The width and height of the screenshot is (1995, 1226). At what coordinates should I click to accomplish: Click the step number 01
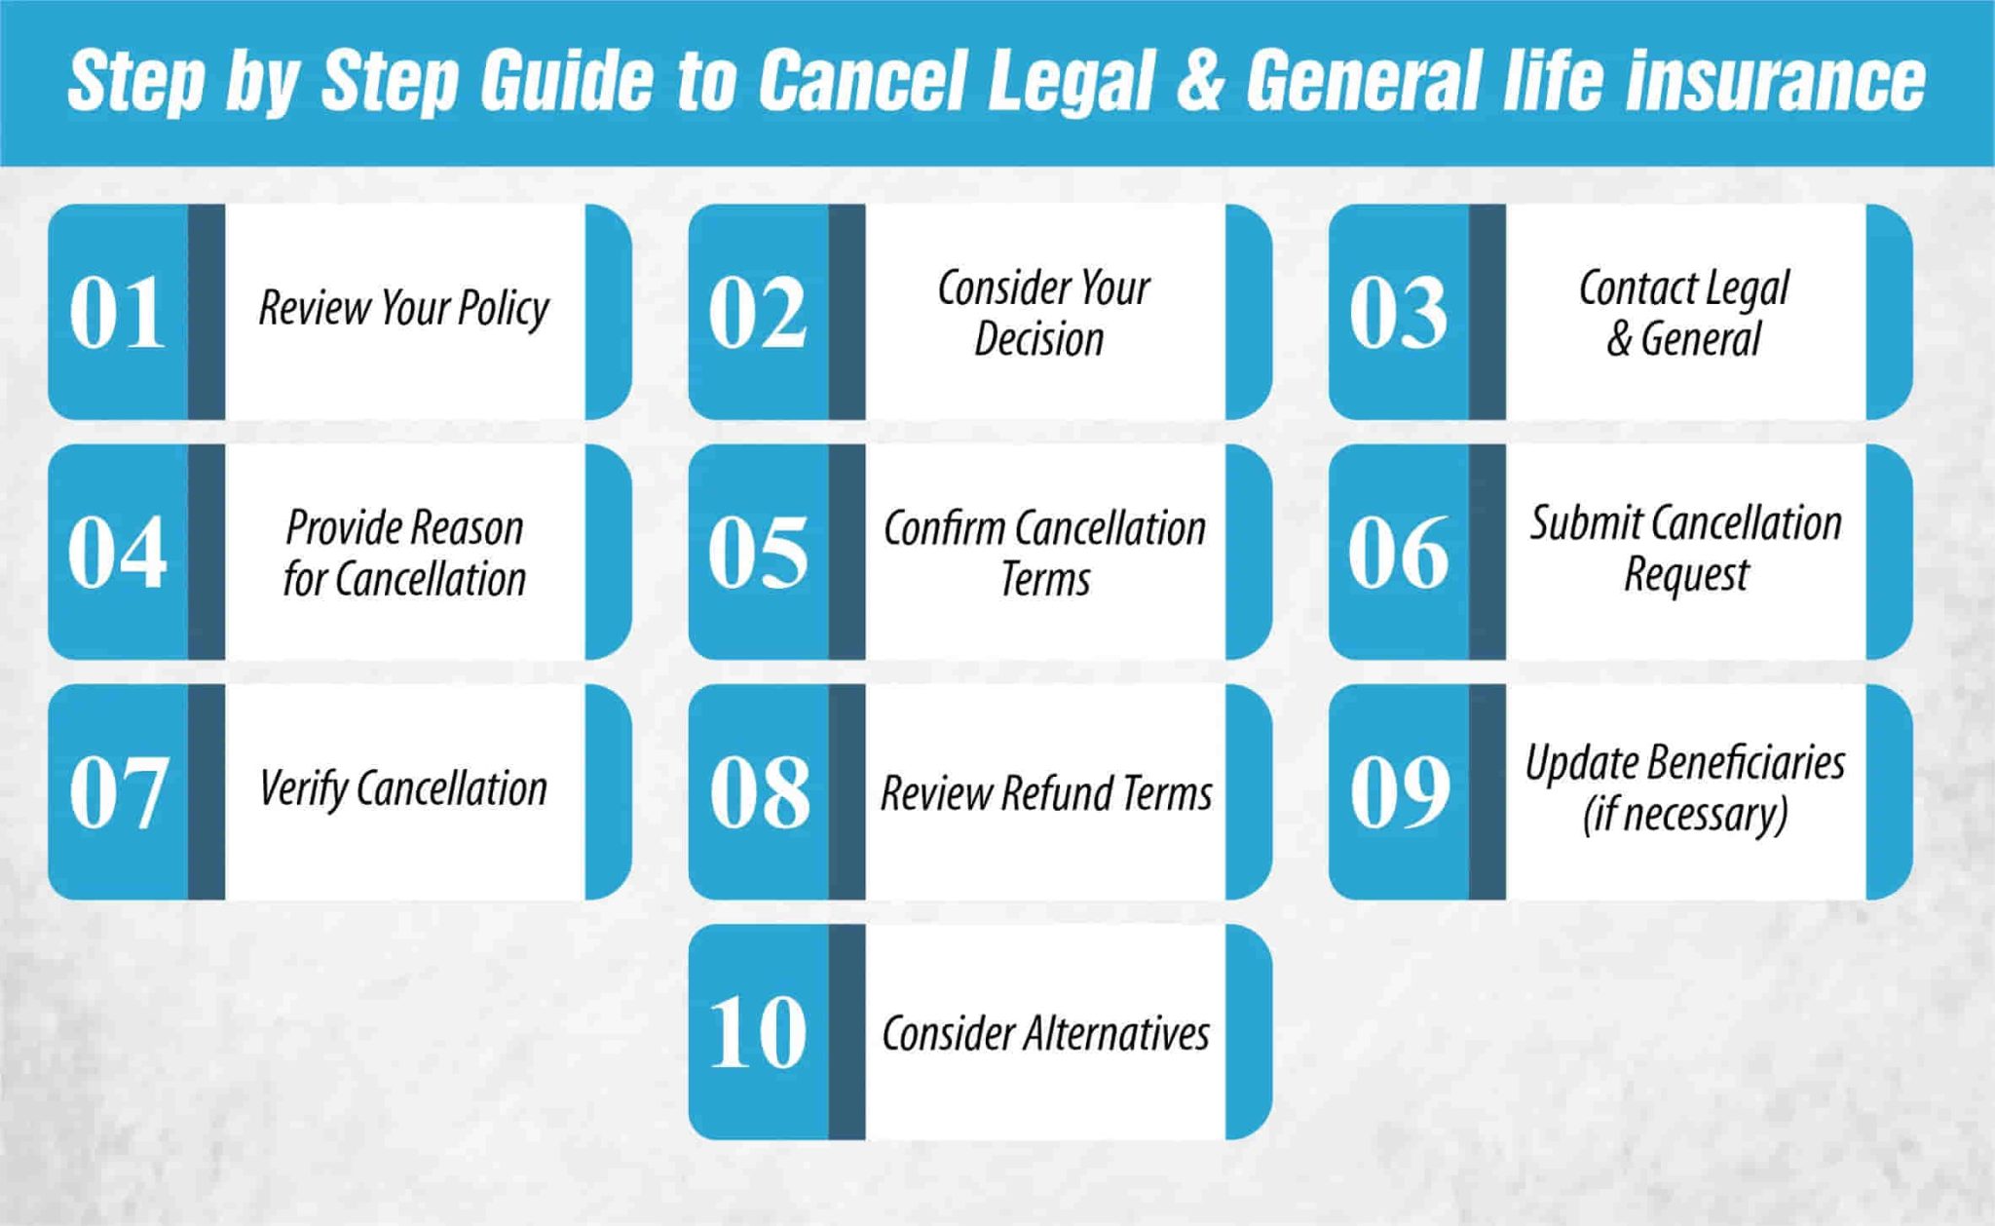pyautogui.click(x=117, y=312)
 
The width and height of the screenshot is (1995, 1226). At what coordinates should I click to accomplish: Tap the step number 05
pyautogui.click(x=758, y=553)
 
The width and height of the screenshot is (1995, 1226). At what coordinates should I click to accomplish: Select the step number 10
pyautogui.click(x=758, y=1032)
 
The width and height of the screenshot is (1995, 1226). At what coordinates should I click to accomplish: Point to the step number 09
pyautogui.click(x=1399, y=792)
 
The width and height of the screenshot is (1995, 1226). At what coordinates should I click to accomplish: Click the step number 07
pyautogui.click(x=117, y=792)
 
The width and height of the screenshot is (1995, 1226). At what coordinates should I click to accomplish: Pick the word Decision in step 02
pyautogui.click(x=1039, y=339)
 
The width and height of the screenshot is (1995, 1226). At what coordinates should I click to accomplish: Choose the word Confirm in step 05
pyautogui.click(x=944, y=528)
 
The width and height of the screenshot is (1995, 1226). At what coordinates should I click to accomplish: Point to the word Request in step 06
pyautogui.click(x=1685, y=575)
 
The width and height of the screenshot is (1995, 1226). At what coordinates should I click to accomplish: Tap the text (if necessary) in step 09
pyautogui.click(x=1685, y=815)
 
